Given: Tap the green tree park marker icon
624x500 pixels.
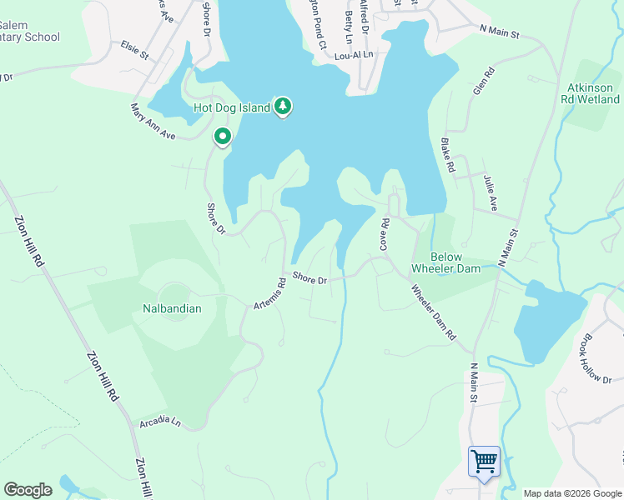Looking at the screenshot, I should pos(283,107).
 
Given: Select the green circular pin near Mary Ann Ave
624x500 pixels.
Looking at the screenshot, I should pos(222,137).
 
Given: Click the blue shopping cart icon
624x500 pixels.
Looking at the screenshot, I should pos(484,461).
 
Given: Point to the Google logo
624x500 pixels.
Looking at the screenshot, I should pos(28,490).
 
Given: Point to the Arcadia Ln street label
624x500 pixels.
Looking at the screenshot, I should pos(160,422).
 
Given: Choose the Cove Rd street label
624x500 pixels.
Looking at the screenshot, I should pos(385,234).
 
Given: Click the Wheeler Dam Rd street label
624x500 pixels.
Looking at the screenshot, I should pos(433,312).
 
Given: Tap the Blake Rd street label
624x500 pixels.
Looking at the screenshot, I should pos(448,155).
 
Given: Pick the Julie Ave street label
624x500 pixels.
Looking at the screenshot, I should pos(490,192).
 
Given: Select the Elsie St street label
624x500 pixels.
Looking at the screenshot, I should pos(133,51).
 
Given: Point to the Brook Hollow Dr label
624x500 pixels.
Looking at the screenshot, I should pos(597,359).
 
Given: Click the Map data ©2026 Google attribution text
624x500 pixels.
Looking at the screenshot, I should pos(572,493).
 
